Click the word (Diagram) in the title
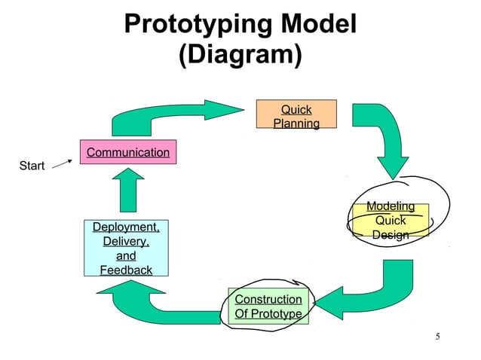pyautogui.click(x=240, y=55)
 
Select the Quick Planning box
pyautogui.click(x=296, y=117)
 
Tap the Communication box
pyautogui.click(x=127, y=153)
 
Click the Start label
pyautogui.click(x=32, y=166)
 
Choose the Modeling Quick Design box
pyautogui.click(x=391, y=221)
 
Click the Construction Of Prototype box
pyautogui.click(x=268, y=307)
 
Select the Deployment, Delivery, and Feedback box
pyautogui.click(x=126, y=249)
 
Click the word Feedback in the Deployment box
pyautogui.click(x=126, y=270)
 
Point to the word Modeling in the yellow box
pyautogui.click(x=391, y=206)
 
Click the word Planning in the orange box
pyautogui.click(x=296, y=124)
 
